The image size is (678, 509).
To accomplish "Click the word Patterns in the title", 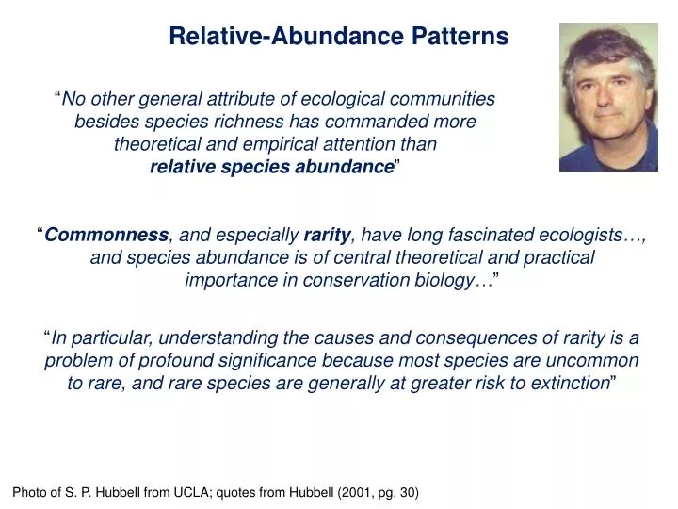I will (x=460, y=36).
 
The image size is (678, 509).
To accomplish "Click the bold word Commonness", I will (x=107, y=235).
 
